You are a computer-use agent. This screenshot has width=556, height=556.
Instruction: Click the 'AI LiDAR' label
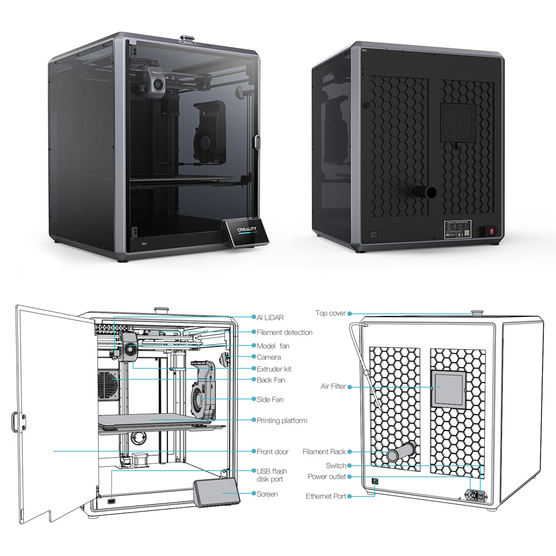pyautogui.click(x=270, y=317)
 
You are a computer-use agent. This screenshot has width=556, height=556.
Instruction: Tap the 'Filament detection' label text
pyautogui.click(x=284, y=332)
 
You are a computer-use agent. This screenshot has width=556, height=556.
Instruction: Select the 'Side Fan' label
pyautogui.click(x=271, y=399)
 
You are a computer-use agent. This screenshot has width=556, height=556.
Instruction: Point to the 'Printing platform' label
pyautogui.click(x=281, y=421)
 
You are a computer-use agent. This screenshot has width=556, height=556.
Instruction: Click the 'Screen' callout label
pyautogui.click(x=267, y=494)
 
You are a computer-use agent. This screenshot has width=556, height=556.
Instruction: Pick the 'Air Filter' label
pyautogui.click(x=333, y=386)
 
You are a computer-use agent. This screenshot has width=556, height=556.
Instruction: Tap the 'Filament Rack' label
pyautogui.click(x=324, y=452)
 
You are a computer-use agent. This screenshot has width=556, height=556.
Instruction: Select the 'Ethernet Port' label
pyautogui.click(x=326, y=496)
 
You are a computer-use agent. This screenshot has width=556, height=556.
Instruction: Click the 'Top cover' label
pyautogui.click(x=330, y=314)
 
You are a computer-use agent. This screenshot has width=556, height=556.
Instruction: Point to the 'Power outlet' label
pyautogui.click(x=326, y=477)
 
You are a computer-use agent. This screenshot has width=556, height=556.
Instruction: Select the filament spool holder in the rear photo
pyautogui.click(x=422, y=193)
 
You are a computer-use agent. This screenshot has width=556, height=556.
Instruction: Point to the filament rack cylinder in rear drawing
pyautogui.click(x=401, y=451)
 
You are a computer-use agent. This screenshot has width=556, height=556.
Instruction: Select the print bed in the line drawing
pyautogui.click(x=161, y=423)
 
